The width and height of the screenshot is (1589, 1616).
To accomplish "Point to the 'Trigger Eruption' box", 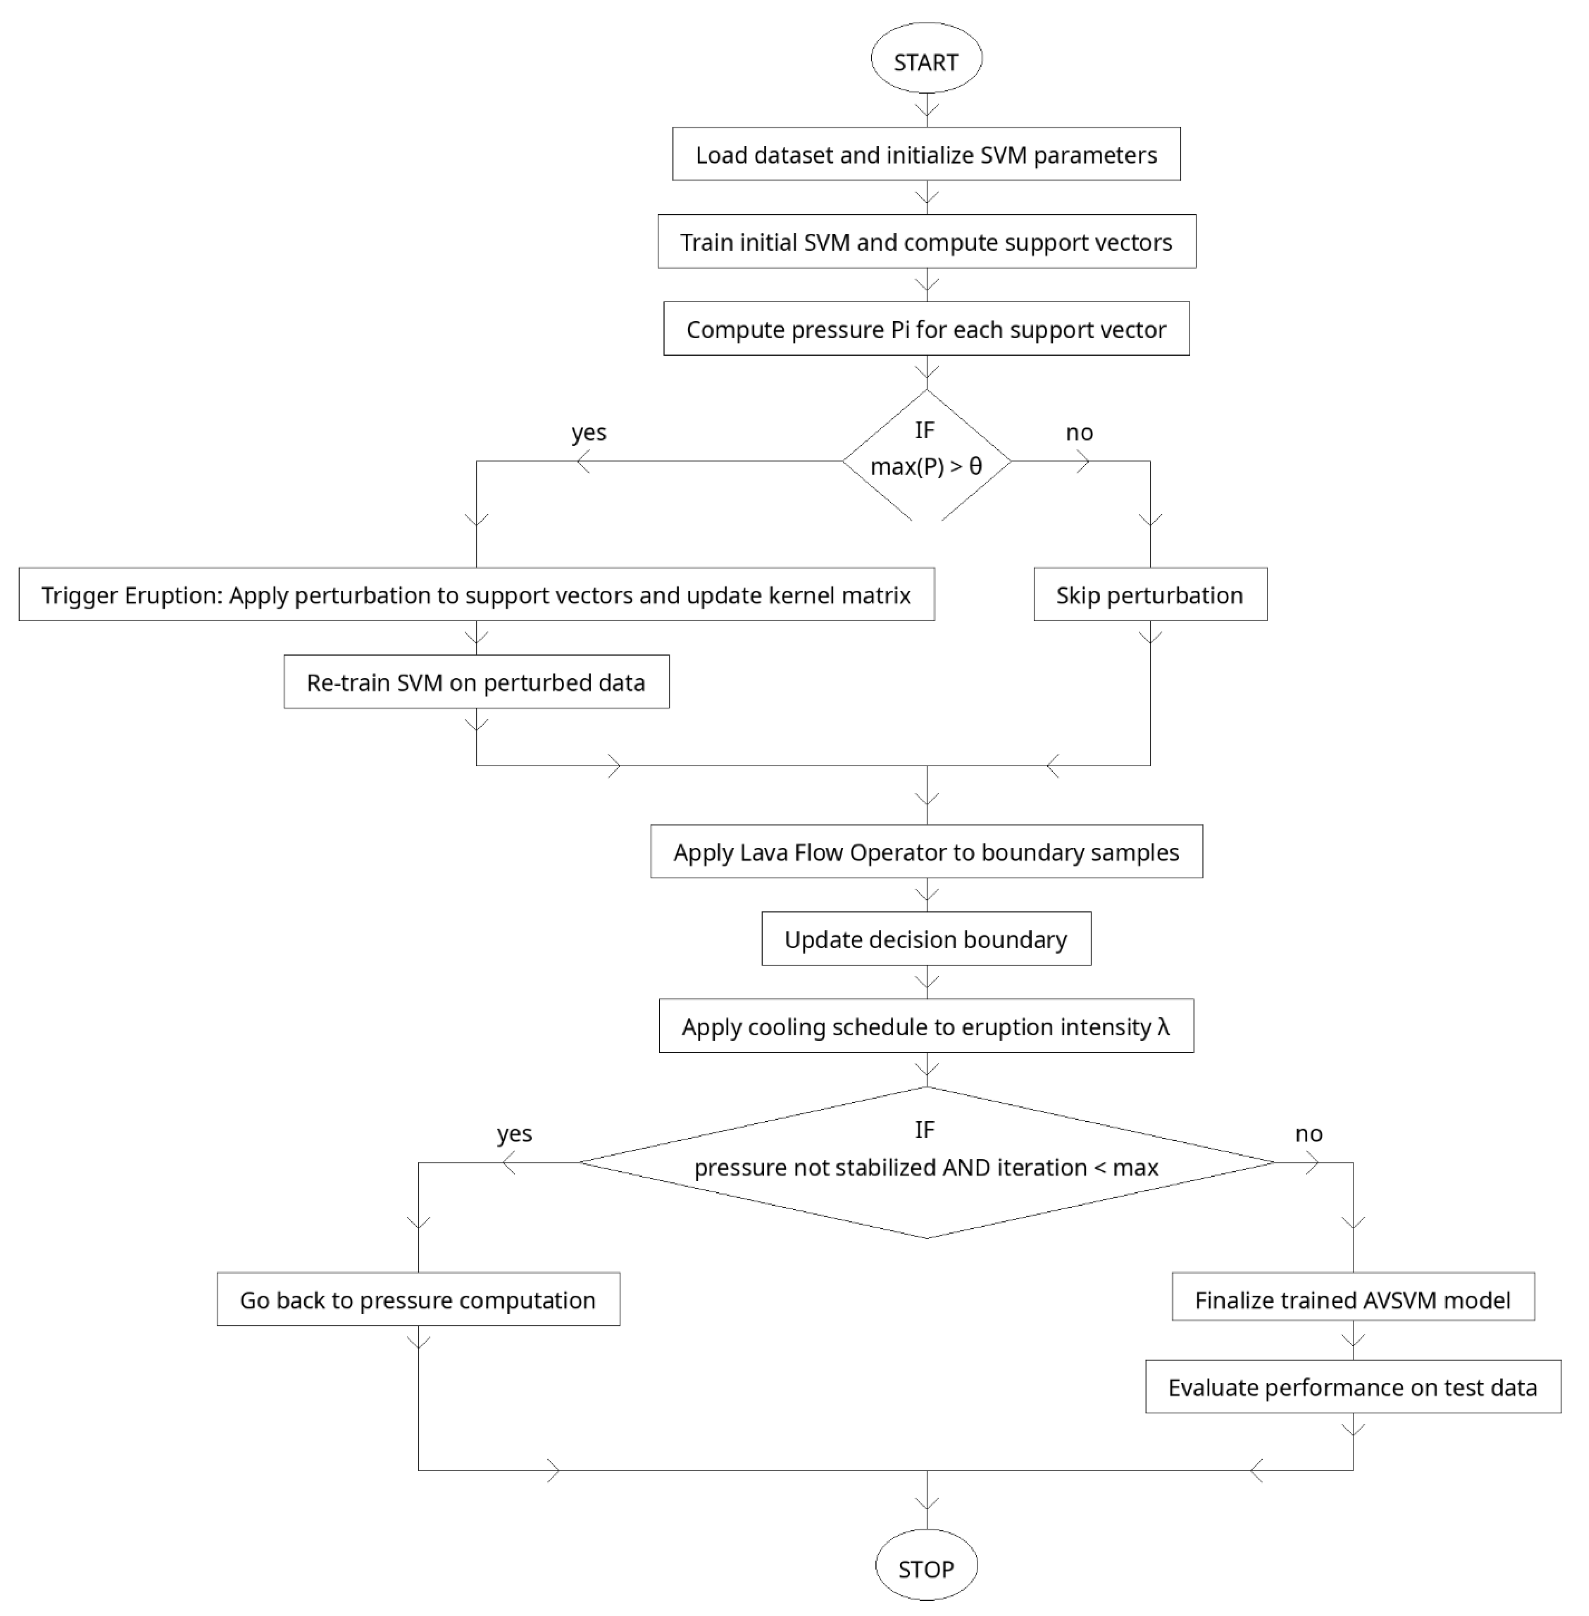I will [x=476, y=595].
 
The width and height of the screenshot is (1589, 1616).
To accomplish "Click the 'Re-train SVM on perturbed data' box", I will [x=476, y=682].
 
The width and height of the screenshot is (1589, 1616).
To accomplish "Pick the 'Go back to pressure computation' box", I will [x=418, y=1300].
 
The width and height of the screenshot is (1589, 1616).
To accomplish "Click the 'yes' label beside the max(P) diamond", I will [x=588, y=432].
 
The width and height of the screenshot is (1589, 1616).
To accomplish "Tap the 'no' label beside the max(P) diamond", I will [x=1079, y=432].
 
